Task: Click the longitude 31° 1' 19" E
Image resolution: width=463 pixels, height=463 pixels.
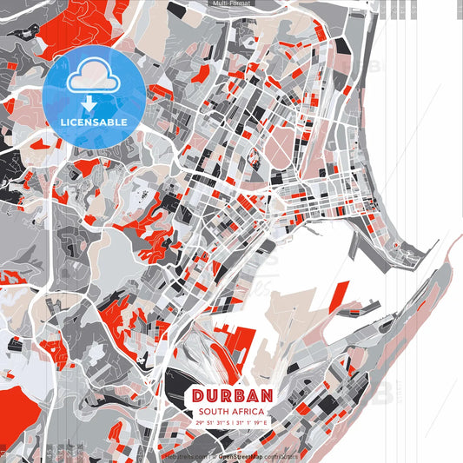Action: tap(254, 423)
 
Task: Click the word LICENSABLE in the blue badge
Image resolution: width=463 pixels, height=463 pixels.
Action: tap(94, 122)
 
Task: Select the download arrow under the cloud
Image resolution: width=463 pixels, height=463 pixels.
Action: tap(89, 103)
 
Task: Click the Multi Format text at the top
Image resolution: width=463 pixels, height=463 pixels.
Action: tap(232, 3)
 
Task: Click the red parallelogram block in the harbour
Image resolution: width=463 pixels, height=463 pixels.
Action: tap(340, 294)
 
